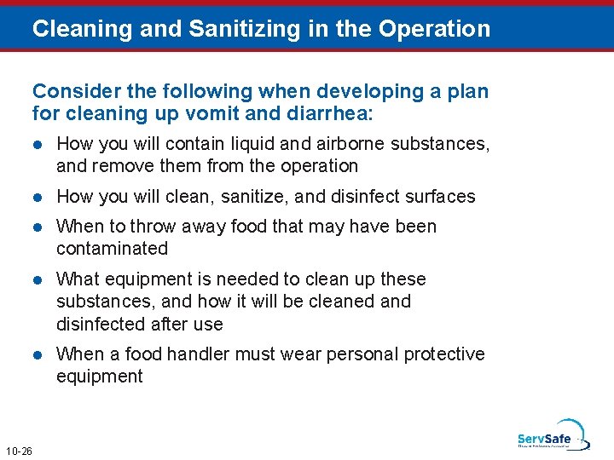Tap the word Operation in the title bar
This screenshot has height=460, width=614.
pyautogui.click(x=435, y=29)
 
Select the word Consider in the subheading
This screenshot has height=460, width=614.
pyautogui.click(x=70, y=90)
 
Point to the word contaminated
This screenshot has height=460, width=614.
pyautogui.click(x=112, y=249)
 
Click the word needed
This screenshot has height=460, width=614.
pyautogui.click(x=252, y=279)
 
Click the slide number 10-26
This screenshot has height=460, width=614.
pyautogui.click(x=19, y=451)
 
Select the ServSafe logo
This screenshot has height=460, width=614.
pyautogui.click(x=551, y=436)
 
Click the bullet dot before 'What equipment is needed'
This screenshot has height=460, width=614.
pyautogui.click(x=38, y=279)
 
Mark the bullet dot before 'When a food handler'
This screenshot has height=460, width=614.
pyautogui.click(x=38, y=354)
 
